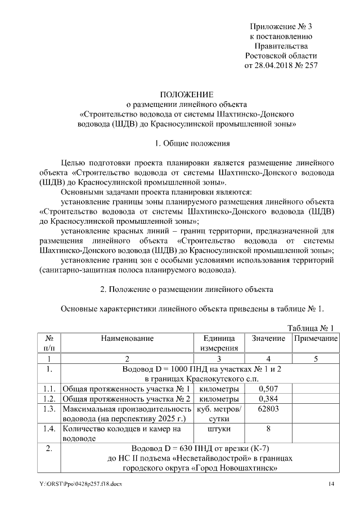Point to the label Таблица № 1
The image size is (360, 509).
pos(310,328)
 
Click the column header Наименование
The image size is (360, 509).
pos(127,339)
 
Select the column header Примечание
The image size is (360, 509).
pos(315,339)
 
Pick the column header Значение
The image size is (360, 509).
pos(268,339)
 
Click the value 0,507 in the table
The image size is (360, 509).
pos(268,389)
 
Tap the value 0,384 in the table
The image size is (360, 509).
pos(268,399)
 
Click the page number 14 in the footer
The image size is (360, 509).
pos(331,484)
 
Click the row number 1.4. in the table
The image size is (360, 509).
pos(49,429)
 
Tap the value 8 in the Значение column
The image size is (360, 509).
pos(268,429)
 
